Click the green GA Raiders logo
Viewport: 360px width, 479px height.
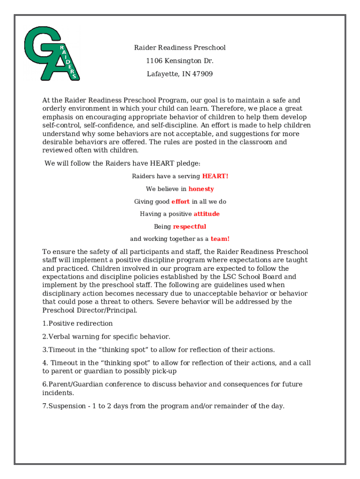point(51,53)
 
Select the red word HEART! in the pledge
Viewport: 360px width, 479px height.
point(215,176)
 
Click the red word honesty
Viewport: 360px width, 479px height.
point(201,189)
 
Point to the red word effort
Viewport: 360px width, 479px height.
point(180,202)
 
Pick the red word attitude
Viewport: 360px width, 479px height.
point(207,214)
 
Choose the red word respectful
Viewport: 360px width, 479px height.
point(189,226)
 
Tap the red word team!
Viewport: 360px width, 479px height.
point(220,239)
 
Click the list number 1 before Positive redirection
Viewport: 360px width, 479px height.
point(44,324)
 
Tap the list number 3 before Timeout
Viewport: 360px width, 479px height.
point(44,350)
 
